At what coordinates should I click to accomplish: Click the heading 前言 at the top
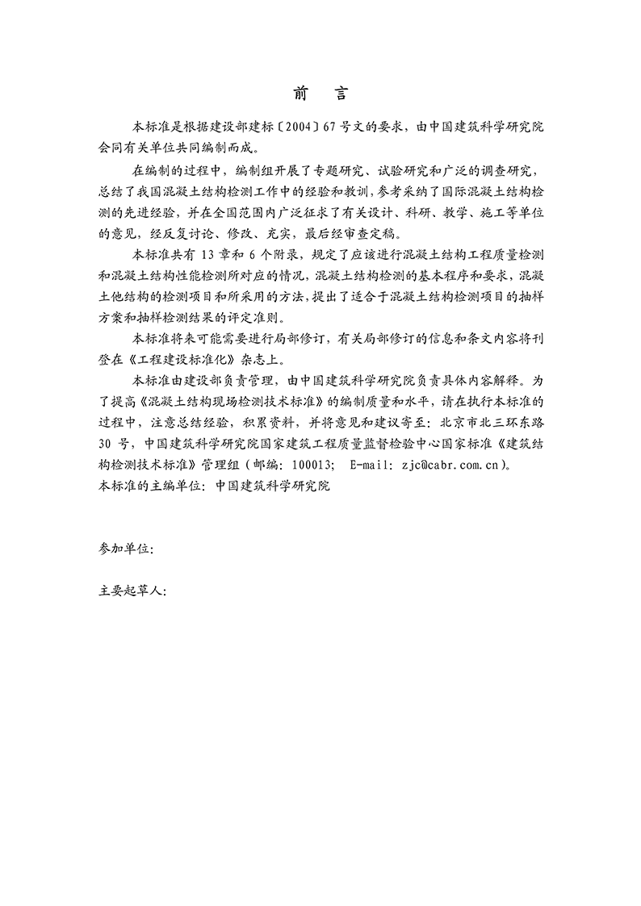pyautogui.click(x=320, y=94)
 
